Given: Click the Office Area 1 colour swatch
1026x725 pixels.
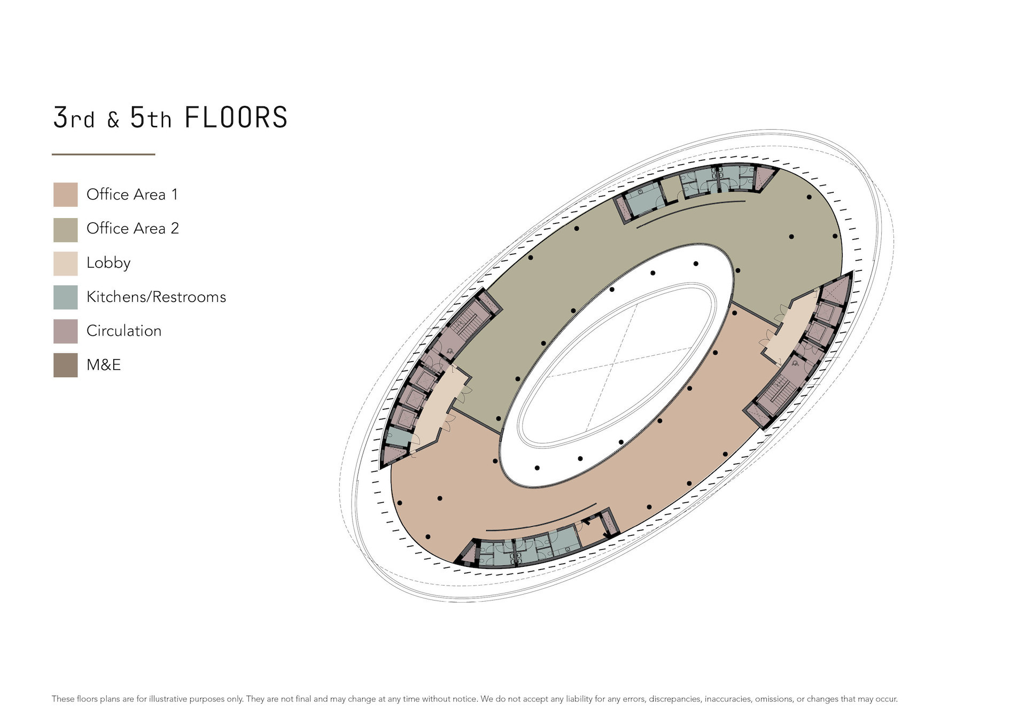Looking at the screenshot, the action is point(65,194).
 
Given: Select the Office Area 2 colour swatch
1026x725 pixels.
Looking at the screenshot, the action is point(65,230).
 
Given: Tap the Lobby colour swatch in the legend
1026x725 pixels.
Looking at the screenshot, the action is point(65,263).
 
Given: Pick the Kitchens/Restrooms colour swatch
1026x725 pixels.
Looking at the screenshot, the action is point(65,298).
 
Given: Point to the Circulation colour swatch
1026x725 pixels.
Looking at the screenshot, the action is point(65,331).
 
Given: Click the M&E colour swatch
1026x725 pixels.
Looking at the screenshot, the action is point(65,365).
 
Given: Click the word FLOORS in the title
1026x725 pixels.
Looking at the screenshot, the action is point(236,118).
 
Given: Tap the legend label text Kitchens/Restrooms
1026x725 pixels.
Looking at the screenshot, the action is point(156,297).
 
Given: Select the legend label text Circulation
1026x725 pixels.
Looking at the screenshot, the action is point(124,331).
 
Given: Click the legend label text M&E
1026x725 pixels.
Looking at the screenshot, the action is point(104,365).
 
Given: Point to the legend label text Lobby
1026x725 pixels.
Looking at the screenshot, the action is point(108,263).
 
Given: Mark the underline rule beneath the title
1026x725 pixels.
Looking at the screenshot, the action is point(103,154).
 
